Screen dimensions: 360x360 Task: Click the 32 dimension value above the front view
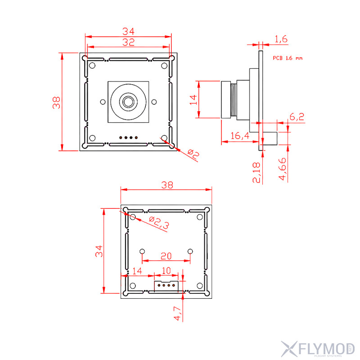point(128,42)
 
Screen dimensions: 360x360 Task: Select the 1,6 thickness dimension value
point(281,39)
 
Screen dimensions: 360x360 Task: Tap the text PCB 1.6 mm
point(288,58)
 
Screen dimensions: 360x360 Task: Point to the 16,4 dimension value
point(240,136)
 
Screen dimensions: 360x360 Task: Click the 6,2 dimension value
point(297,117)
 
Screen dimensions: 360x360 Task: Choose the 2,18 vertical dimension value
point(256,172)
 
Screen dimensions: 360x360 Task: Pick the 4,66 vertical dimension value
point(283,169)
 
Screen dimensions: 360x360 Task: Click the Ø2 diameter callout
point(193,154)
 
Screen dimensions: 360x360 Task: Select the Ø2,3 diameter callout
point(159,222)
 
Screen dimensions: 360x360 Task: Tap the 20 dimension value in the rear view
point(166,256)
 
